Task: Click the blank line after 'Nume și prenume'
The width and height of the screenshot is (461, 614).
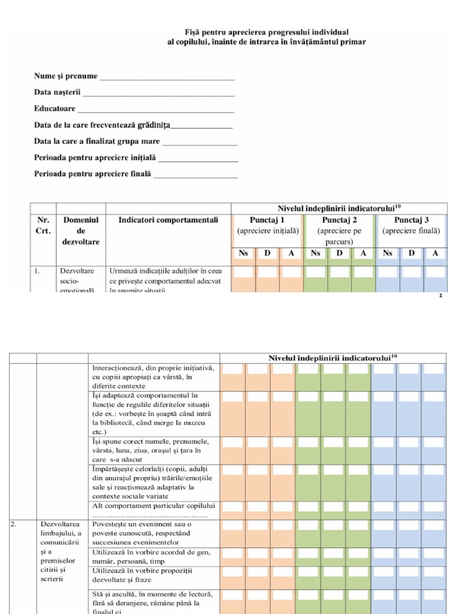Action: pyautogui.click(x=166, y=78)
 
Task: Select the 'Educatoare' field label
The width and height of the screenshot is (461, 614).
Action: pyautogui.click(x=55, y=109)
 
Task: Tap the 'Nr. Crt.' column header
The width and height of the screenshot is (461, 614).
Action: pyautogui.click(x=43, y=225)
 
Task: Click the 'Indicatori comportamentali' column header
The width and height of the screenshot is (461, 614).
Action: pyautogui.click(x=168, y=220)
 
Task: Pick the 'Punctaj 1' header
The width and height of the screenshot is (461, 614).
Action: pyautogui.click(x=267, y=220)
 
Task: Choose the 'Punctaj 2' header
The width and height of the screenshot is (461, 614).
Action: pyautogui.click(x=339, y=220)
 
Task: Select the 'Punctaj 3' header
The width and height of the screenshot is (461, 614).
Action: pyautogui.click(x=411, y=220)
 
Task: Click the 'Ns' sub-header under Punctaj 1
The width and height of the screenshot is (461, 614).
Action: pyautogui.click(x=243, y=254)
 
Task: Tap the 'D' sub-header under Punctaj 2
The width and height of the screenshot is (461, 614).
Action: pyautogui.click(x=339, y=254)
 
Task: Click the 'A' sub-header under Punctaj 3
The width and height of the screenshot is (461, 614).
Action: pyautogui.click(x=435, y=254)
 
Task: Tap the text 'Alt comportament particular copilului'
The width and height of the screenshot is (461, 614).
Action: pyautogui.click(x=154, y=505)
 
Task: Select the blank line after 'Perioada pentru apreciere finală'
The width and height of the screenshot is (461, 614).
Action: pyautogui.click(x=196, y=176)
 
